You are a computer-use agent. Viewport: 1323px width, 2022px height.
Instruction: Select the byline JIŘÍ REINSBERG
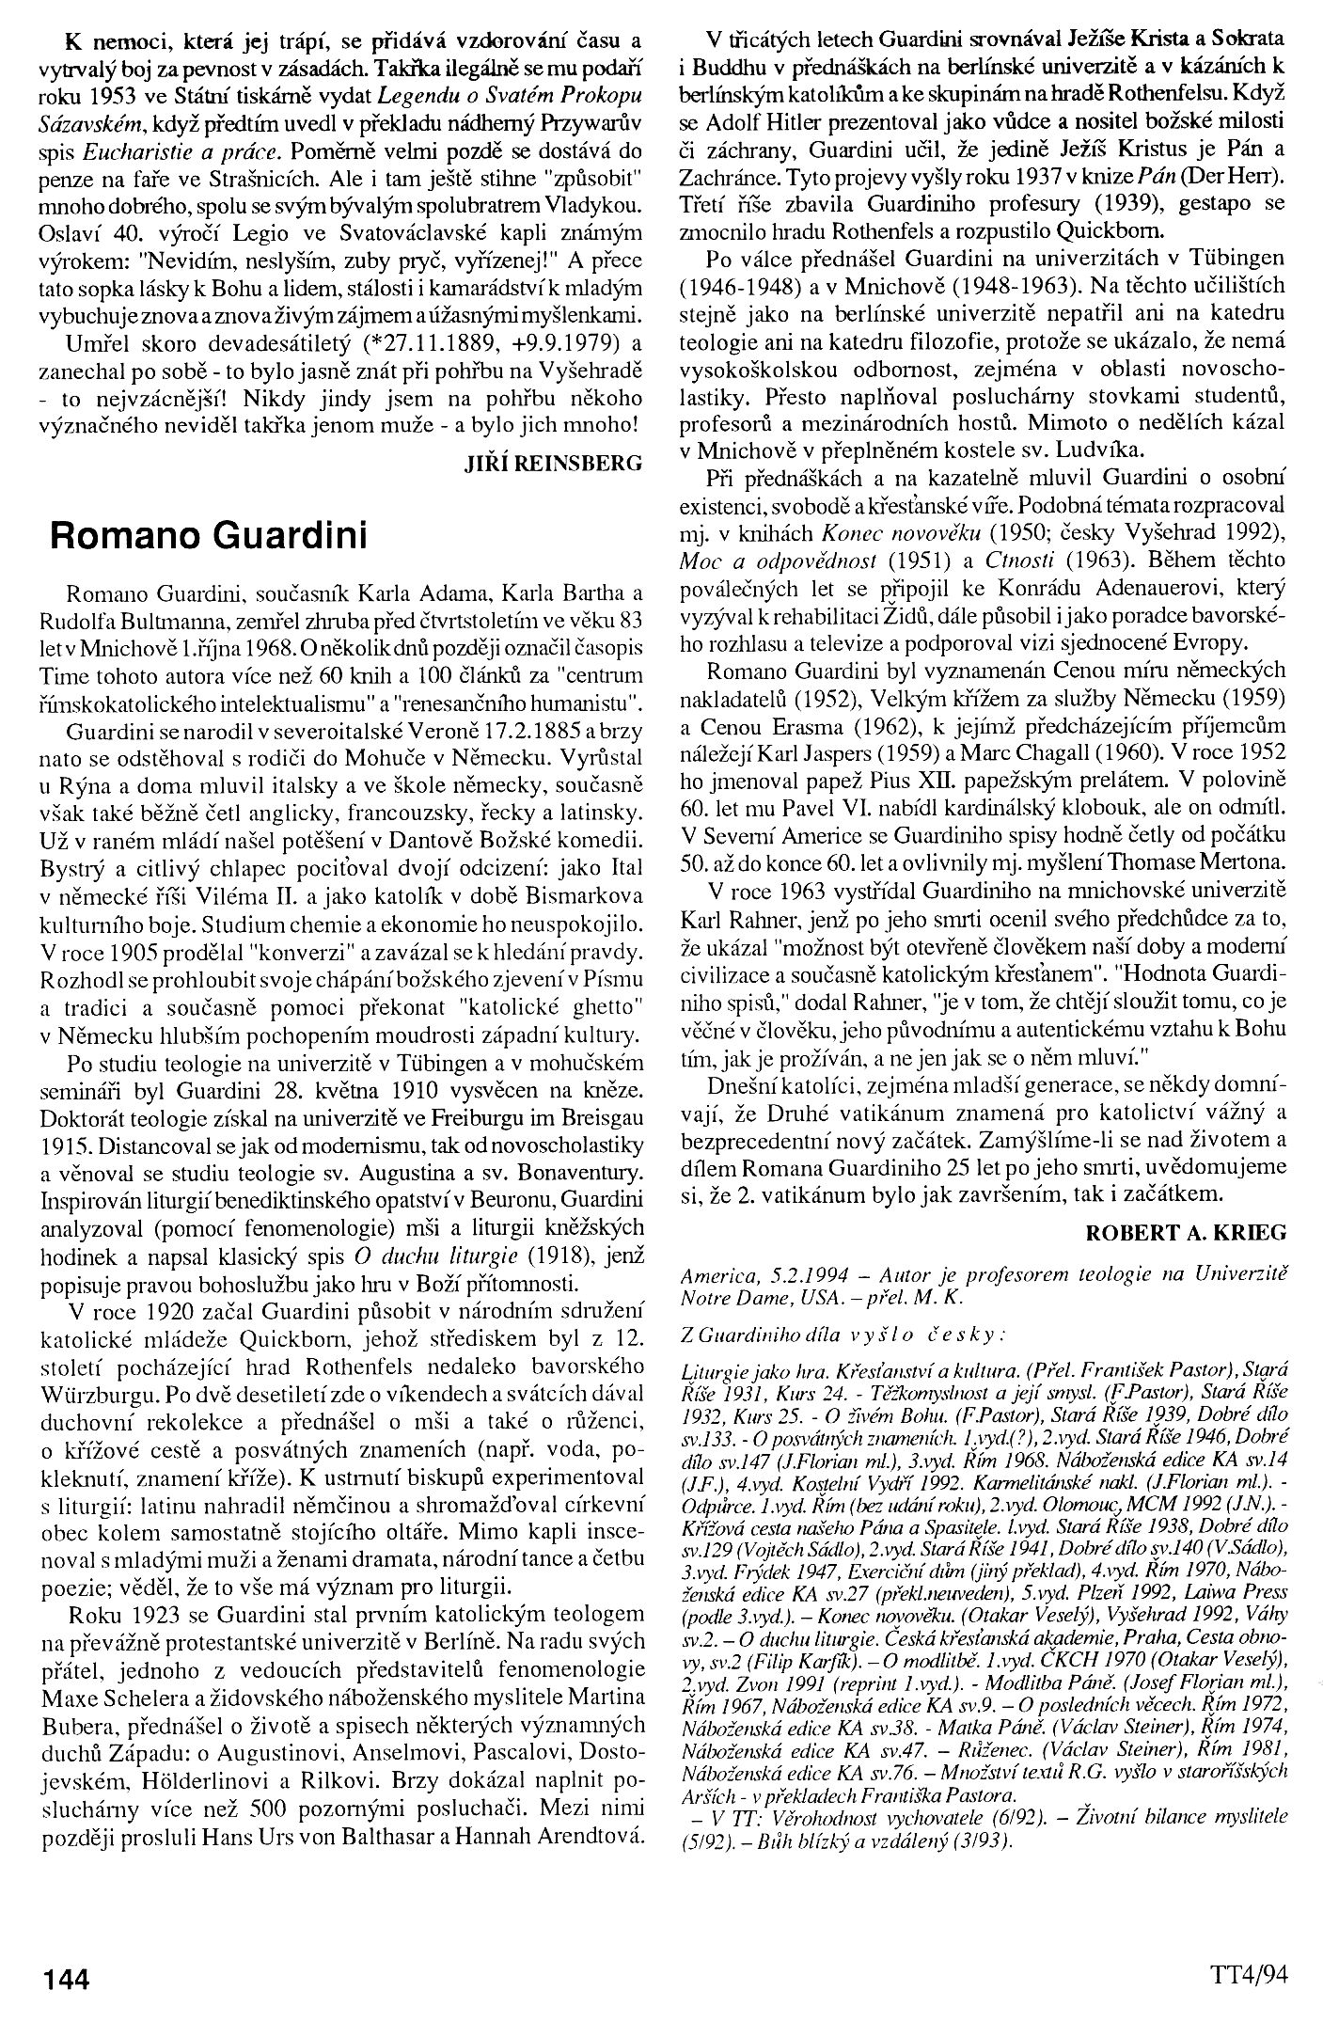554,463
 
